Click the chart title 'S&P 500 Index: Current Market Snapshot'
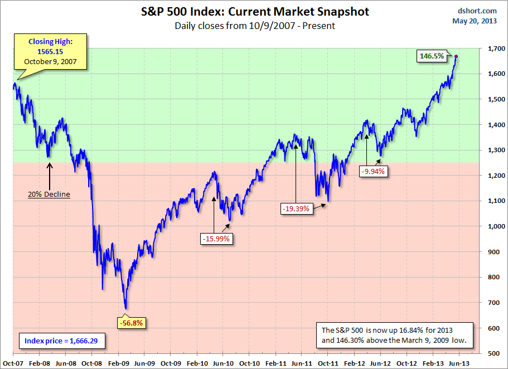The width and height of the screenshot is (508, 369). pyautogui.click(x=254, y=12)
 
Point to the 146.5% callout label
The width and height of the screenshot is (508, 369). pyautogui.click(x=432, y=56)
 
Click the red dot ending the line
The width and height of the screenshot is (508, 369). pyautogui.click(x=457, y=56)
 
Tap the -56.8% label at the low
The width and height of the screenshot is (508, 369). pyautogui.click(x=129, y=322)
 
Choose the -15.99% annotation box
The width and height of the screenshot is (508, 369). pyautogui.click(x=215, y=239)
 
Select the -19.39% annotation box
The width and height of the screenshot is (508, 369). pyautogui.click(x=296, y=209)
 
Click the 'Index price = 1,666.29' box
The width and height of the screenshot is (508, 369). pyautogui.click(x=61, y=339)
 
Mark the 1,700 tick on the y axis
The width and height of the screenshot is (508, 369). pyautogui.click(x=493, y=49)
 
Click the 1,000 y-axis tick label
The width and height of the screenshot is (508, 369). pyautogui.click(x=493, y=226)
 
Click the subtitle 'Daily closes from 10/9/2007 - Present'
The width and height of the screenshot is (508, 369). pyautogui.click(x=254, y=26)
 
